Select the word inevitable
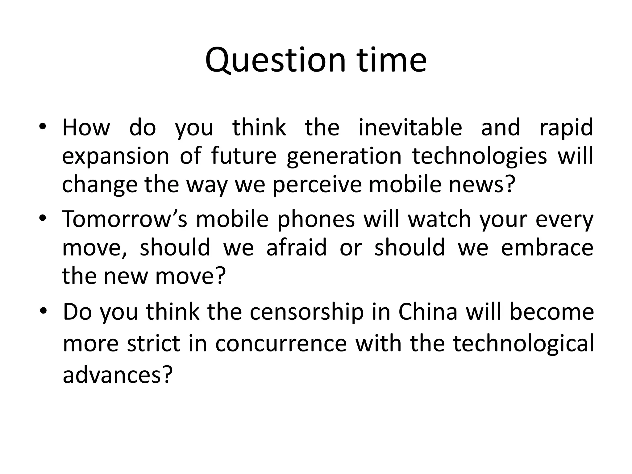click(410, 127)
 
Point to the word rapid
click(566, 128)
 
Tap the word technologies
click(480, 156)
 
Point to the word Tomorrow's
click(125, 219)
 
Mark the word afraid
click(296, 247)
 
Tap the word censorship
click(307, 312)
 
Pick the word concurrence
click(281, 343)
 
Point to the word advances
click(117, 375)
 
